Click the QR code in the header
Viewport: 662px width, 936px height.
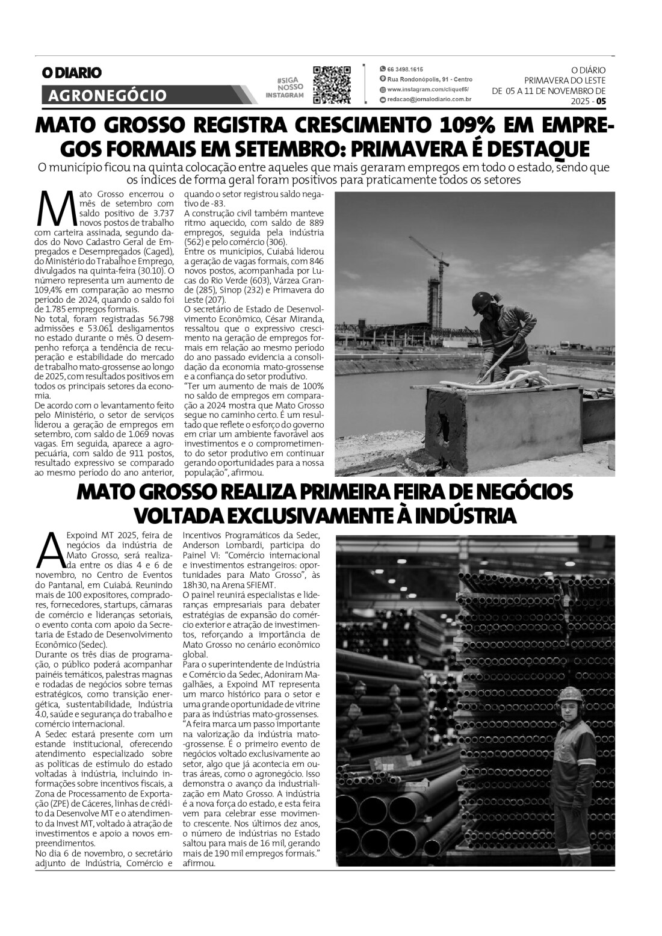(332, 84)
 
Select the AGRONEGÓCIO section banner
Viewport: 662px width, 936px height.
(107, 95)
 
